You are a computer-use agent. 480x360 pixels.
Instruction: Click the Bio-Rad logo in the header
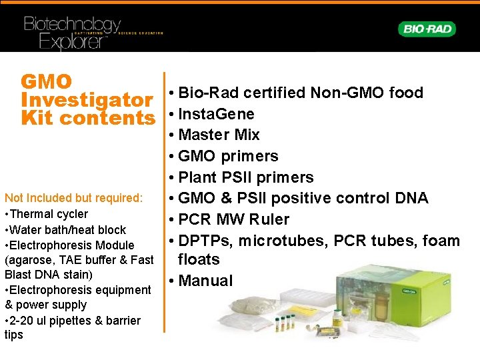(x=427, y=29)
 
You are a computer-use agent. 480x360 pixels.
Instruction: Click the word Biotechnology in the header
(x=72, y=25)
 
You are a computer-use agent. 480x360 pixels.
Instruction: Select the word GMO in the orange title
(x=46, y=82)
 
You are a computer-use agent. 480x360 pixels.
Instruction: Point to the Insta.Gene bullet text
(x=216, y=113)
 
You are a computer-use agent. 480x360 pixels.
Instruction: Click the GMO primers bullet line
(x=228, y=156)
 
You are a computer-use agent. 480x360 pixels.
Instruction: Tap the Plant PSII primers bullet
(x=245, y=177)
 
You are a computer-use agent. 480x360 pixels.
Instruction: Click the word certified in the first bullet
(x=273, y=93)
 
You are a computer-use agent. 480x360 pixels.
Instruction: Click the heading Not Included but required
(x=73, y=198)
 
